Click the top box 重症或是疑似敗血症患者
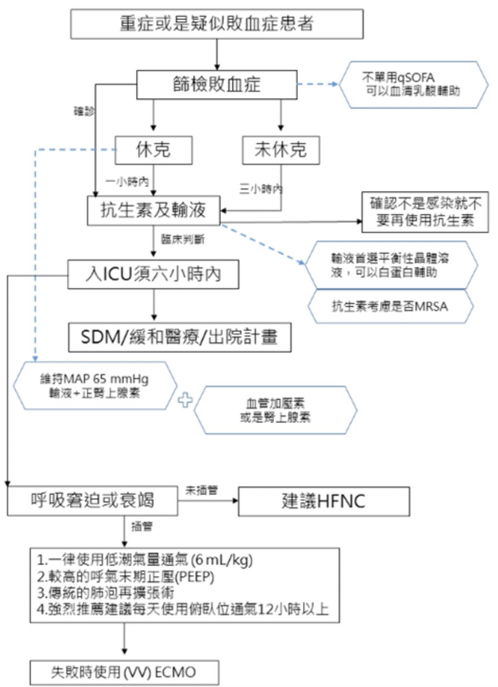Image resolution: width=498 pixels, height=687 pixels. tap(217, 24)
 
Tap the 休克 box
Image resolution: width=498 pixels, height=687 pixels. tap(153, 150)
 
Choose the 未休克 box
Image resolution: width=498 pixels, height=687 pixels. tap(281, 150)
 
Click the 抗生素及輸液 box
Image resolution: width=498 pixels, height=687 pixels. tap(154, 210)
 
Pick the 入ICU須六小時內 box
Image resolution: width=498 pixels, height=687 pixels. tap(153, 274)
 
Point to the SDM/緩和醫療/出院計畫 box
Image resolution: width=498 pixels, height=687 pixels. tap(179, 337)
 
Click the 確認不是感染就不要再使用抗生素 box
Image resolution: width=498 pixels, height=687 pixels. tap(425, 210)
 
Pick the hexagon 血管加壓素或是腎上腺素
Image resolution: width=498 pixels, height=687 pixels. tap(275, 411)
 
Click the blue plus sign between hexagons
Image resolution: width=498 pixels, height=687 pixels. tap(184, 401)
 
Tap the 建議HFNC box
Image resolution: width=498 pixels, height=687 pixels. tap(324, 501)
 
